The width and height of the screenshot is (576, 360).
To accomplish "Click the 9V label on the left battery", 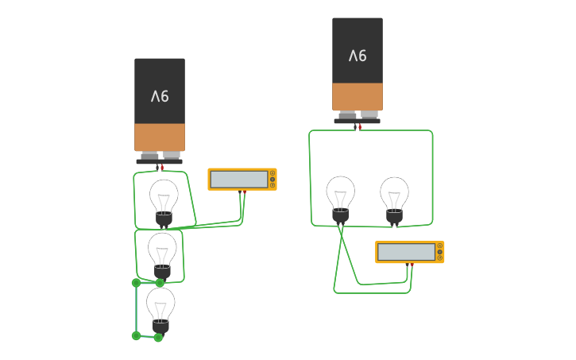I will point(160,96).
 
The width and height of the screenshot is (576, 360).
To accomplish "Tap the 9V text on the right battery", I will point(358,56).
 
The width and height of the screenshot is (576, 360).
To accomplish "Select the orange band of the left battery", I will point(160,137).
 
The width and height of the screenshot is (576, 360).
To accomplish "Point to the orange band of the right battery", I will point(358,96).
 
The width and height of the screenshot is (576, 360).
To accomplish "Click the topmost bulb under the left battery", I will point(164,200).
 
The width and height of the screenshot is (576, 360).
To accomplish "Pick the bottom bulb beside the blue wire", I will point(160,308).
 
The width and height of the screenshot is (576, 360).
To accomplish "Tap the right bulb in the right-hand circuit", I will point(394,197).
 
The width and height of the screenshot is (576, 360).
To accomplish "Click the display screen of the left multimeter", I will point(238,180).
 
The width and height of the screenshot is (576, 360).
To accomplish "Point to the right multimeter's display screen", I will point(406,252).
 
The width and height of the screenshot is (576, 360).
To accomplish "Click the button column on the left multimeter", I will point(273,179).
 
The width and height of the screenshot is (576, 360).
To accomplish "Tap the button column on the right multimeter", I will point(440,252).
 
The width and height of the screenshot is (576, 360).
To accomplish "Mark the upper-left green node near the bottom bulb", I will point(136,282).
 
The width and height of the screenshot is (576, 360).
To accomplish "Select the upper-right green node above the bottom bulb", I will point(160,283).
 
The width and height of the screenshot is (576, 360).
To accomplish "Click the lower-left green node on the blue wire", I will point(136,335).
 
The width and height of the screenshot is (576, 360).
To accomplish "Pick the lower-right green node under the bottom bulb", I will point(158,337).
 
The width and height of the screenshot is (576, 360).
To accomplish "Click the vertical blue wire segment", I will point(136,309).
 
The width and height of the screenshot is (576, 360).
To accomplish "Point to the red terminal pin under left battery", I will point(161,167).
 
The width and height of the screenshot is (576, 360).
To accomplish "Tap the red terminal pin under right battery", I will point(359,126).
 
